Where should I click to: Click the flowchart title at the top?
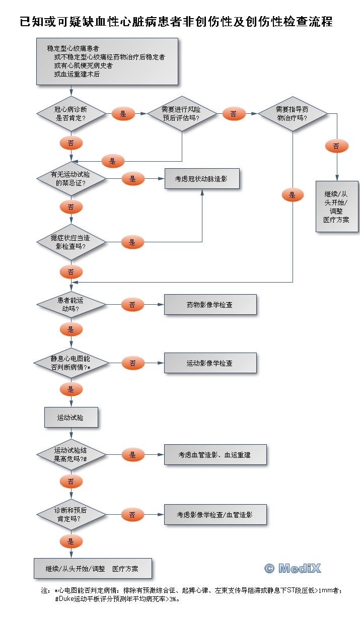pyautogui.click(x=176, y=22)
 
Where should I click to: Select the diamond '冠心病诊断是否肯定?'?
pyautogui.click(x=71, y=114)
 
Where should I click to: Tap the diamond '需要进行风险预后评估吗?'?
pyautogui.click(x=181, y=114)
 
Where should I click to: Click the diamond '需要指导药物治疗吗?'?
pyautogui.click(x=293, y=114)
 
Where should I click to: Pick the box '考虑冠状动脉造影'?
pyautogui.click(x=202, y=179)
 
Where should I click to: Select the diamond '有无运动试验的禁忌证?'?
pyautogui.click(x=71, y=179)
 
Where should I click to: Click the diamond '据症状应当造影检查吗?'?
pyautogui.click(x=71, y=242)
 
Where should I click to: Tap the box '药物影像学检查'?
pyautogui.click(x=210, y=305)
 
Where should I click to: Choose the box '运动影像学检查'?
pyautogui.click(x=210, y=363)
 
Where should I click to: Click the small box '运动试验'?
pyautogui.click(x=70, y=418)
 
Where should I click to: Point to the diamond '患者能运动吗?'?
pyautogui.click(x=71, y=305)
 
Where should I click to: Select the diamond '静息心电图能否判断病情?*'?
pyautogui.click(x=71, y=363)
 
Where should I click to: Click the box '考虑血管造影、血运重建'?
pyautogui.click(x=215, y=455)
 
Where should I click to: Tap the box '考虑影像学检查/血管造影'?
pyautogui.click(x=215, y=515)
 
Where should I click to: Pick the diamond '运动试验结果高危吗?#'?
pyautogui.click(x=71, y=455)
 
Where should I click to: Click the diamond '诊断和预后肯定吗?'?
pyautogui.click(x=71, y=515)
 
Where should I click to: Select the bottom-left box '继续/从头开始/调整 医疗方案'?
pyautogui.click(x=92, y=569)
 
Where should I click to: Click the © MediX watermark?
pyautogui.click(x=293, y=569)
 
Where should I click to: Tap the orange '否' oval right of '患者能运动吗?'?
pyautogui.click(x=132, y=305)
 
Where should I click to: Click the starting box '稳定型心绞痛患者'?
pyautogui.click(x=107, y=62)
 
